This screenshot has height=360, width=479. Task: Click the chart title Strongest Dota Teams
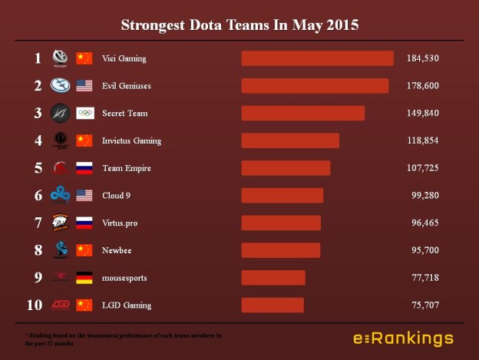[240, 25]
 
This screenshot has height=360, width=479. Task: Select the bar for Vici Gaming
[317, 58]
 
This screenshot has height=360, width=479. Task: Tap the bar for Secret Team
[302, 114]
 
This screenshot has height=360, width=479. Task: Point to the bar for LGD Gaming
[273, 306]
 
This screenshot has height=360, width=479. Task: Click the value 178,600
[423, 86]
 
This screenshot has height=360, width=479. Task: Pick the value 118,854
[423, 141]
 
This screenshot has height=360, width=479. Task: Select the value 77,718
[425, 278]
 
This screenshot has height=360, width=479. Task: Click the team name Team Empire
[126, 168]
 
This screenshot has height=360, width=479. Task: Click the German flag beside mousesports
[84, 278]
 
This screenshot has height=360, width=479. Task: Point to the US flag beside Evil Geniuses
[84, 86]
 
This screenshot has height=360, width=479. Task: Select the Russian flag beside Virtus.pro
[84, 223]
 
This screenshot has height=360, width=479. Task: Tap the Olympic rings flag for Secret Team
[84, 114]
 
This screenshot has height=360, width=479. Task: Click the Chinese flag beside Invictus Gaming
[84, 141]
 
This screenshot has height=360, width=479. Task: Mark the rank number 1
[37, 58]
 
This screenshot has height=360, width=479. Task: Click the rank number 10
[35, 306]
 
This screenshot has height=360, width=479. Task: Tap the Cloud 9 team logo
[60, 196]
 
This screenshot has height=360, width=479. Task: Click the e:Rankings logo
[403, 339]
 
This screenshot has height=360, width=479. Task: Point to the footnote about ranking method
[123, 339]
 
